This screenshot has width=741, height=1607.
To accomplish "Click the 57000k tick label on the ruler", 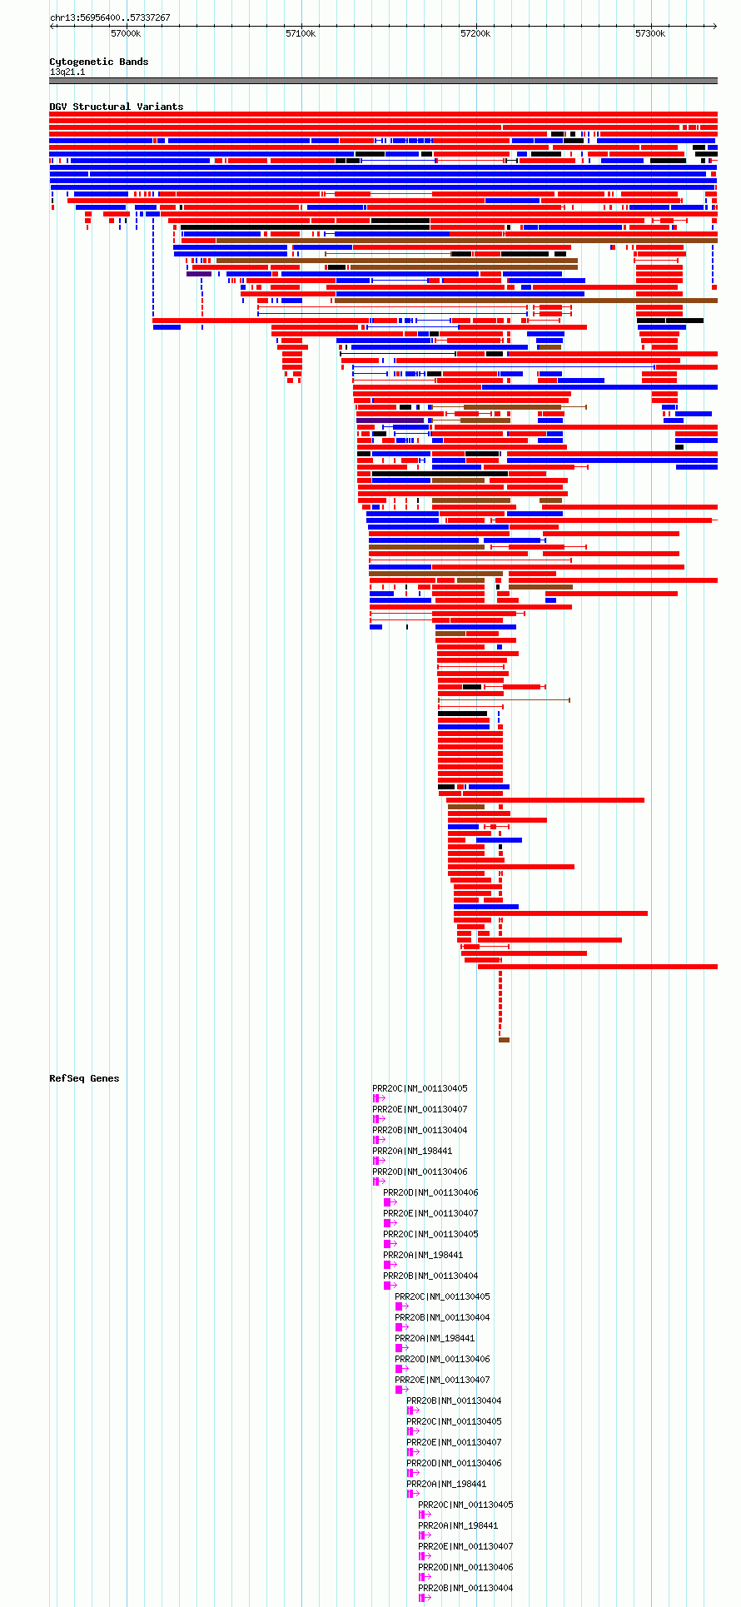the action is pyautogui.click(x=126, y=33).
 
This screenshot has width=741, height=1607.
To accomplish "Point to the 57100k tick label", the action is pyautogui.click(x=301, y=33).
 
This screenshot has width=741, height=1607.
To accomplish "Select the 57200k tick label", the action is pyautogui.click(x=475, y=33).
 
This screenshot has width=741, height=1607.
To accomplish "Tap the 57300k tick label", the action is pyautogui.click(x=650, y=33).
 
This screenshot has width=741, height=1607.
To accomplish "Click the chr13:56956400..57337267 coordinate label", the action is pyautogui.click(x=110, y=17).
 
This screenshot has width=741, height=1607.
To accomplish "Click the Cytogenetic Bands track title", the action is pyautogui.click(x=99, y=62).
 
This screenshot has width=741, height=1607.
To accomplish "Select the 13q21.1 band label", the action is pyautogui.click(x=67, y=72).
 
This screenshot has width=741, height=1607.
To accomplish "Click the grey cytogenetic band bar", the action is pyautogui.click(x=383, y=81).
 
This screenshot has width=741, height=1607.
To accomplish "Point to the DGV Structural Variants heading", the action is pyautogui.click(x=117, y=107).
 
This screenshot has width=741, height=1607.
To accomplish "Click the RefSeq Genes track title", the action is pyautogui.click(x=84, y=1078).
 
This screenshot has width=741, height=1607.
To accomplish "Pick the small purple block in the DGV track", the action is pyautogui.click(x=199, y=274).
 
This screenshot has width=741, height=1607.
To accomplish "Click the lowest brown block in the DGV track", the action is pyautogui.click(x=504, y=1040).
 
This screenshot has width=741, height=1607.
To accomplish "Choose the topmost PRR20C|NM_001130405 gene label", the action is pyautogui.click(x=420, y=1088).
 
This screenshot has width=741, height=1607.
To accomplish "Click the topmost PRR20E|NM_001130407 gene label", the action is pyautogui.click(x=420, y=1109).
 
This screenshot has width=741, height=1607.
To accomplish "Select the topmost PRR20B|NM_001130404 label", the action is pyautogui.click(x=420, y=1130).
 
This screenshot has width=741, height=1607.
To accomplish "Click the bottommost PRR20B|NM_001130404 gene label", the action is pyautogui.click(x=465, y=1588).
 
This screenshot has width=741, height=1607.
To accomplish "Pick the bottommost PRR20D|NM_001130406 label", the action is pyautogui.click(x=465, y=1567).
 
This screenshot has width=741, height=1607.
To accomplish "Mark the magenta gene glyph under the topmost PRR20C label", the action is pyautogui.click(x=379, y=1099).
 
